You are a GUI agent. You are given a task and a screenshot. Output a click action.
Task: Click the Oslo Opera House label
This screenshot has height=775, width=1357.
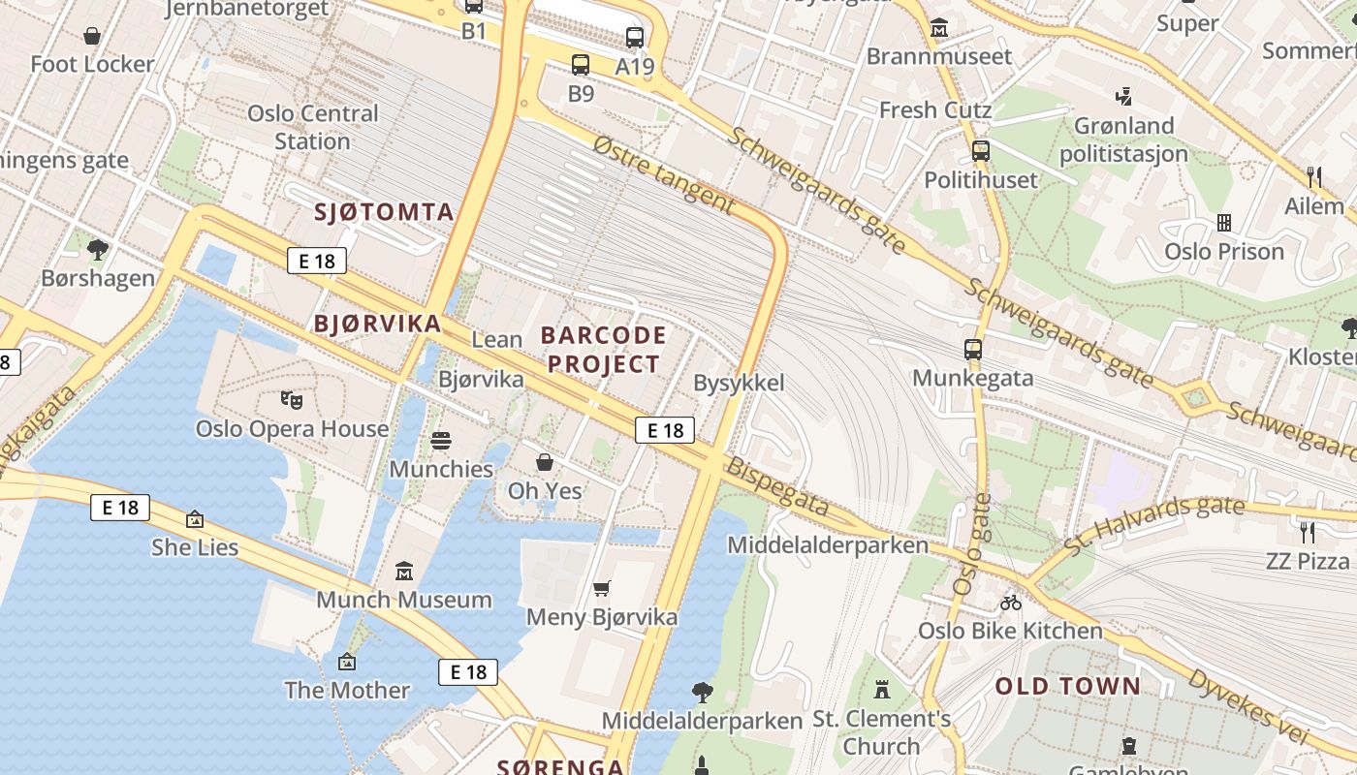click(x=292, y=428)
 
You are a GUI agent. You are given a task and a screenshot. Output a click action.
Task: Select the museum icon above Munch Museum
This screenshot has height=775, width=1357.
click(x=404, y=571)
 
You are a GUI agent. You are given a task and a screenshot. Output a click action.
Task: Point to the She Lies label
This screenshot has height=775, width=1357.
click(x=194, y=547)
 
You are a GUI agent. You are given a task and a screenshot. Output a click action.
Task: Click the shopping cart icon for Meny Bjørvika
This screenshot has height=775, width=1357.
click(x=601, y=588)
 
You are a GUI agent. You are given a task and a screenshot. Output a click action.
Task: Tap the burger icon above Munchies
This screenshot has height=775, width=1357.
click(x=441, y=441)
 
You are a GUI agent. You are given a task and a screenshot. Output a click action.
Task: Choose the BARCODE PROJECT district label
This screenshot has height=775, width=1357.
click(x=603, y=350)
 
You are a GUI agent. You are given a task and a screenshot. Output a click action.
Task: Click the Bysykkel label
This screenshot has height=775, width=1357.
click(x=739, y=383)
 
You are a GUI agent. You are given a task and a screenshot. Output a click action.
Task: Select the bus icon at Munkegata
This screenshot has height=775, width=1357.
click(x=973, y=350)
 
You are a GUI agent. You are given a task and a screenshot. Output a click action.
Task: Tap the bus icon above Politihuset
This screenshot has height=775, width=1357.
click(x=981, y=151)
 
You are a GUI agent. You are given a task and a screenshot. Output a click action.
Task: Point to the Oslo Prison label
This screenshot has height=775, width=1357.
click(x=1224, y=252)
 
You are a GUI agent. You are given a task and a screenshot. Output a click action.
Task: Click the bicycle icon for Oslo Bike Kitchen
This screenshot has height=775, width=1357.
click(x=1011, y=603)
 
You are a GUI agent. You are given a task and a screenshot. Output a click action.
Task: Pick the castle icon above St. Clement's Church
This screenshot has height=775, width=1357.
click(x=881, y=690)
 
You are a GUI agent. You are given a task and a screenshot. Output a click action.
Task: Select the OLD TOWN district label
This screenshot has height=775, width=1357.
click(x=1068, y=687)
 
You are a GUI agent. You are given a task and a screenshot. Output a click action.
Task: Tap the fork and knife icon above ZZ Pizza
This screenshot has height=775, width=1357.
click(x=1308, y=532)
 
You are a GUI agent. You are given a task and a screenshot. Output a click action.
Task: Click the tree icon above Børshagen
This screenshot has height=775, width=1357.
click(x=97, y=250)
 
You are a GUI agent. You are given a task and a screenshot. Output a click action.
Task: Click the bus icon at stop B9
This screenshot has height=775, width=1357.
click(x=580, y=65)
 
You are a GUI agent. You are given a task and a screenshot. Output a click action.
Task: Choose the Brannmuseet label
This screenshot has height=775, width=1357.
click(x=938, y=56)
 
